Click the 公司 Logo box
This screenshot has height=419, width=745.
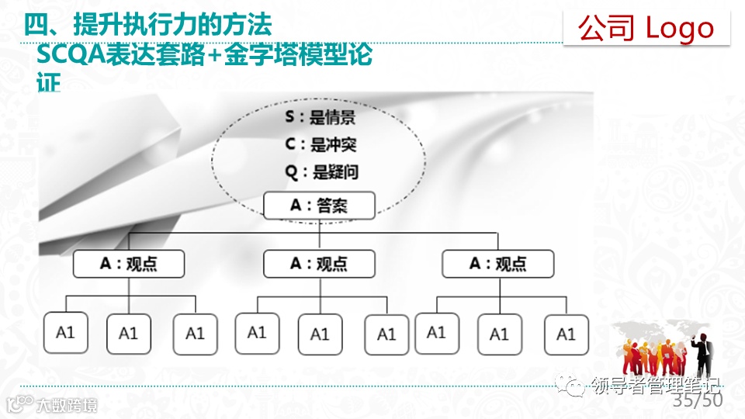click(646, 29)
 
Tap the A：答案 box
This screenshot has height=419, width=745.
click(320, 206)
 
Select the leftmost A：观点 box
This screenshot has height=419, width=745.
click(129, 264)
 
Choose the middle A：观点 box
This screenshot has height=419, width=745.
click(319, 264)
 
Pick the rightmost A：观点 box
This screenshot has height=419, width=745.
click(498, 264)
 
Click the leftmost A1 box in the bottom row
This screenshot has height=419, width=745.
click(65, 333)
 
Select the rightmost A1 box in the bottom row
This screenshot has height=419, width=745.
click(566, 334)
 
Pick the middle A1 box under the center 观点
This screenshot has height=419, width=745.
click(320, 334)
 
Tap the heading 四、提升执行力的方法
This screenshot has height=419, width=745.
click(147, 26)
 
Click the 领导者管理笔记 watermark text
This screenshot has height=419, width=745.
click(656, 385)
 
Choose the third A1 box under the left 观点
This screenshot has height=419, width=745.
click(195, 334)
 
